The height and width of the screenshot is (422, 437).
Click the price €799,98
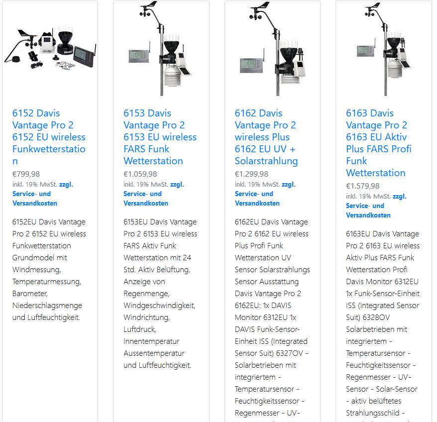coord(26,174)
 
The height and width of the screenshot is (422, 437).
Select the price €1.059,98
coord(140,174)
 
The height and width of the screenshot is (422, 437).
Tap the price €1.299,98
coord(251,174)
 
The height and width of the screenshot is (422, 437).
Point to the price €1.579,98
coord(362,186)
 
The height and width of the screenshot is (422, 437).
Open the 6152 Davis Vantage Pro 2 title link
coord(49,137)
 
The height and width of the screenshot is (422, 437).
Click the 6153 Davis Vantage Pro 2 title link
coord(160,137)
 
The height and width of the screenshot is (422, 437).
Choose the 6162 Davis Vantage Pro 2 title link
coord(266,137)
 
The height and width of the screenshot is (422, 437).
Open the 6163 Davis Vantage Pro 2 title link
coord(378,143)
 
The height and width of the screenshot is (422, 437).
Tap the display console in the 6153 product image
coord(139,56)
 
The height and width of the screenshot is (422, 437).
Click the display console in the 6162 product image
coord(252,65)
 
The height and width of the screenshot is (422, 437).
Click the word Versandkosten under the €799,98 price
coord(35,203)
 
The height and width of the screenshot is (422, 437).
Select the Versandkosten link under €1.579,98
coord(368,215)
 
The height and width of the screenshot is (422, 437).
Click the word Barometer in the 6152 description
coord(30,294)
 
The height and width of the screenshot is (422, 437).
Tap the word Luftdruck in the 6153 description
coord(140,329)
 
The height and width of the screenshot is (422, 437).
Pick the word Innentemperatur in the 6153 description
coord(151,341)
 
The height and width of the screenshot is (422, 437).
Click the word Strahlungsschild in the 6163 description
coord(373,413)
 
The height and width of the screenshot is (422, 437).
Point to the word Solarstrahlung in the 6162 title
coord(266,161)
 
